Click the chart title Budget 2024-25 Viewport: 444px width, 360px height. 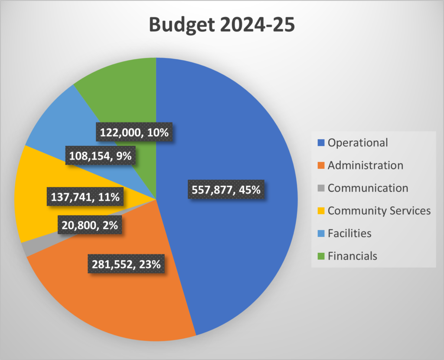click(222, 25)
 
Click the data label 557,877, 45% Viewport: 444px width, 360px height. click(225, 190)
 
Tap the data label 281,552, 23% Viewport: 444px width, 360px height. click(127, 264)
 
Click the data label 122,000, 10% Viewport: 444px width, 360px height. click(134, 132)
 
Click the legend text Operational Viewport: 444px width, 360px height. click(358, 143)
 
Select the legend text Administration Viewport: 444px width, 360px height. click(365, 165)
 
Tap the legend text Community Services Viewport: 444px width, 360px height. click(379, 211)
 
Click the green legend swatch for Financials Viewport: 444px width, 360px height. click(321, 256)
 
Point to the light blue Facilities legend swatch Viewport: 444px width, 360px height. click(321, 234)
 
